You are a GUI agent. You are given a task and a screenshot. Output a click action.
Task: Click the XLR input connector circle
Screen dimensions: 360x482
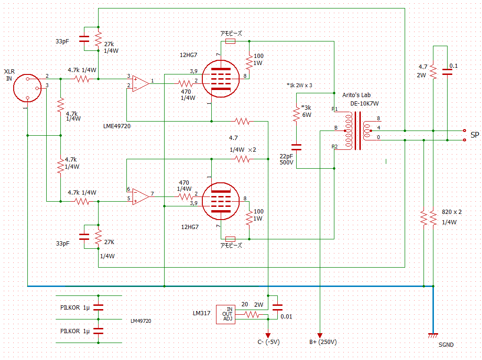point(28,87)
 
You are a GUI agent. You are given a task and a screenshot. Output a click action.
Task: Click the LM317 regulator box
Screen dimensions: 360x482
point(225,314)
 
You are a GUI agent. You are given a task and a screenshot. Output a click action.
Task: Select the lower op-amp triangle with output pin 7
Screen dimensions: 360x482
point(140,195)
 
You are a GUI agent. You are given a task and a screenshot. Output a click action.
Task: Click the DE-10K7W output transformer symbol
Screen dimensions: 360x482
point(358,131)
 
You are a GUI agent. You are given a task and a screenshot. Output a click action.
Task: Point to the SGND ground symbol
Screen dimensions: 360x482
point(433,335)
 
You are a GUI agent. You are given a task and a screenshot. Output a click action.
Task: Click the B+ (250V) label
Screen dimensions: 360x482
point(323,343)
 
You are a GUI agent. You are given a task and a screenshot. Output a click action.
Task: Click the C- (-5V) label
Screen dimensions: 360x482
point(268,343)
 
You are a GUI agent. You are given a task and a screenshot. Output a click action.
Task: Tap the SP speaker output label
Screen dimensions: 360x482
point(474,135)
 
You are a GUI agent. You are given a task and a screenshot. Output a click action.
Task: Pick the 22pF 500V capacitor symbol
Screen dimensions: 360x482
point(296,147)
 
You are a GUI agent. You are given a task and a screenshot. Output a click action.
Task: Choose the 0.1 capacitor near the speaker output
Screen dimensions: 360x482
point(447,72)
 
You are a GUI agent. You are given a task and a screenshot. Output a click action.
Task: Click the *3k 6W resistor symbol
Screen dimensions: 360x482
point(296,114)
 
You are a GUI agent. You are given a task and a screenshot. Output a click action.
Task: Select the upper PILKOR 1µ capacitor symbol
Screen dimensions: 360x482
point(98,307)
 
